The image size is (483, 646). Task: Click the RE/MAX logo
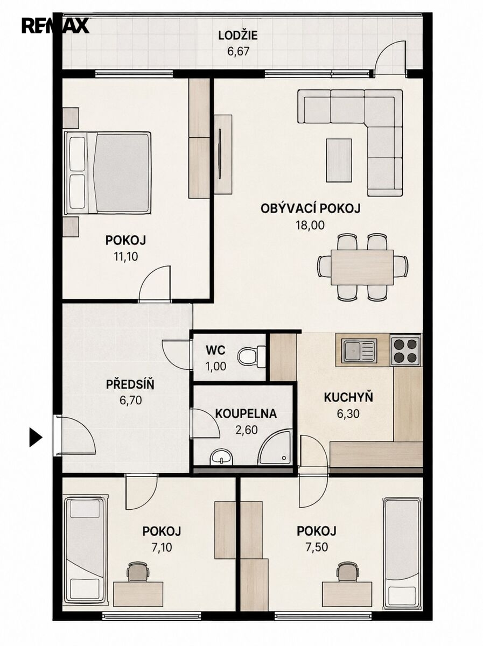point(55,26)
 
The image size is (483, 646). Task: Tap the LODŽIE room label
point(238,36)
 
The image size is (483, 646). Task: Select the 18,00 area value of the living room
point(310,225)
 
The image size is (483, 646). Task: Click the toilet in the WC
point(251,357)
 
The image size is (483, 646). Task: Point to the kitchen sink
point(359,351)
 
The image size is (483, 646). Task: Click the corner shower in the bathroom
point(276,448)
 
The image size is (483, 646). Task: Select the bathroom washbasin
point(221,458)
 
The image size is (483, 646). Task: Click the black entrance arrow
point(36,437)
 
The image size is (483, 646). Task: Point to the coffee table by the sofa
point(339,160)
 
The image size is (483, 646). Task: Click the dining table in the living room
point(362,267)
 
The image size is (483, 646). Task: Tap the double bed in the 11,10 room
point(108,173)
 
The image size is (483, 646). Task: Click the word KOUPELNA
point(246,413)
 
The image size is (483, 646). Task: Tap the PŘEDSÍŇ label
point(130,385)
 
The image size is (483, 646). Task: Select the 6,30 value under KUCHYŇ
point(348,414)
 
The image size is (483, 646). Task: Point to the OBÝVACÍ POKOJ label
point(311,209)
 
